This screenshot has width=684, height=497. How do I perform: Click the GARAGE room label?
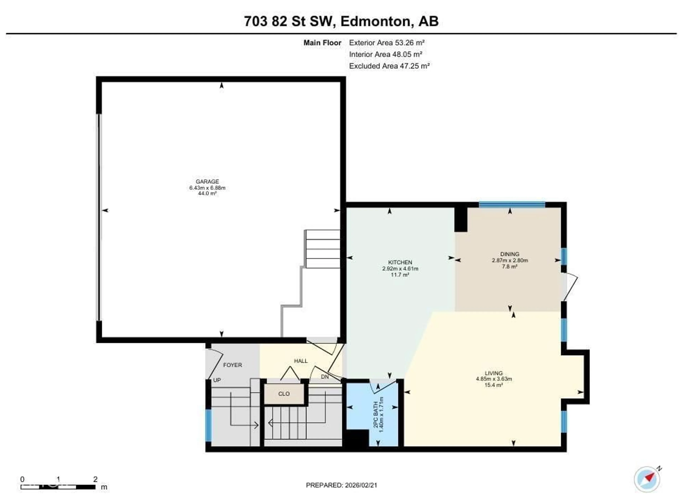[x=207, y=181]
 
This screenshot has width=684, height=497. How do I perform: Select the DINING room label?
[x=510, y=254]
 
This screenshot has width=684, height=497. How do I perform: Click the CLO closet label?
[x=284, y=394]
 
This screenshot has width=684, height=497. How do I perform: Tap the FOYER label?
[x=232, y=365]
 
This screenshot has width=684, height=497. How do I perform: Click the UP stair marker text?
[x=217, y=380]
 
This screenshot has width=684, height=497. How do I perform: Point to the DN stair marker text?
[x=325, y=377]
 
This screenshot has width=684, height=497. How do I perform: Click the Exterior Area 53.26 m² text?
[x=387, y=43]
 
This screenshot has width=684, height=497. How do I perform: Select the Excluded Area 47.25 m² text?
[x=389, y=66]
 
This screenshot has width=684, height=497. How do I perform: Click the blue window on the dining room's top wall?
[x=512, y=205]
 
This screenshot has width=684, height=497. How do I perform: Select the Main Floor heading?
[x=322, y=43]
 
